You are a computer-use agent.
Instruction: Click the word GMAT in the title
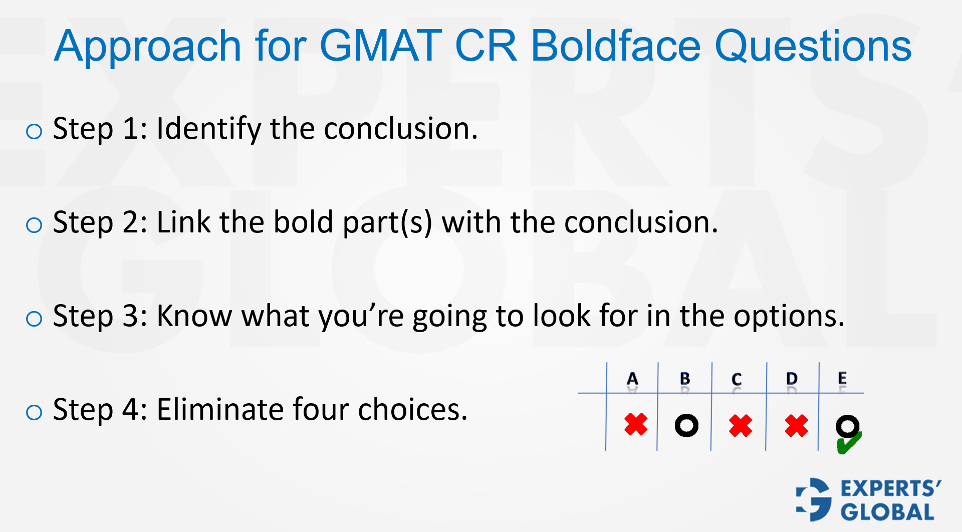(380, 46)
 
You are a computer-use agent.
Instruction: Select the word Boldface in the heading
(615, 46)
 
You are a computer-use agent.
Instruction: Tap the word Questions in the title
(813, 46)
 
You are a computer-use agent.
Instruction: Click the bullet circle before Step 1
(34, 131)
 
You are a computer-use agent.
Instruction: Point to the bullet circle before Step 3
(34, 319)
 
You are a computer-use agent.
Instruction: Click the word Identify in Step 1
(208, 129)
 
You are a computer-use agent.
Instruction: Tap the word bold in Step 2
(303, 222)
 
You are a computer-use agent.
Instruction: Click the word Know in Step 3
(194, 316)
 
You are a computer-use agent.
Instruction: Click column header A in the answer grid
(632, 379)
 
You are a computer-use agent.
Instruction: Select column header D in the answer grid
(792, 379)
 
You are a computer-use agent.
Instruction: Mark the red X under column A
(636, 424)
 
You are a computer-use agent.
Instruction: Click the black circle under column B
(686, 426)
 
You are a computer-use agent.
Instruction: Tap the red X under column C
(741, 426)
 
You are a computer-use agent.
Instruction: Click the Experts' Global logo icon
(814, 499)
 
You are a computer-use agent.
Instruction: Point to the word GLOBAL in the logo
(887, 512)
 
